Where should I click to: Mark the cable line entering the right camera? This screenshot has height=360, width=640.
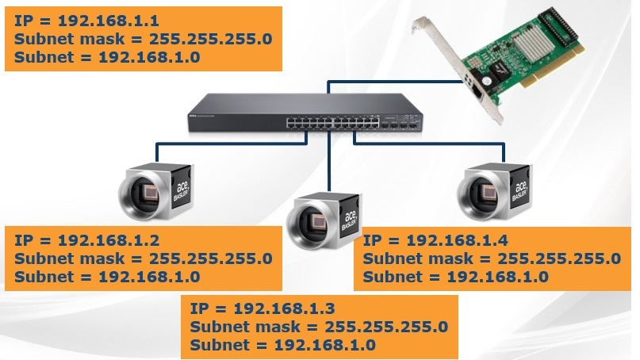click(502, 154)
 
